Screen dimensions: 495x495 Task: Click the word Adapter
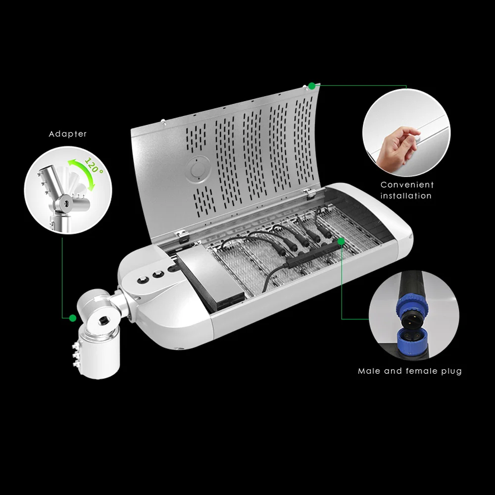point(68,134)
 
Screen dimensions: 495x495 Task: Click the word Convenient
point(407,185)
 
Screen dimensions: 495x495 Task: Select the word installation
point(406,196)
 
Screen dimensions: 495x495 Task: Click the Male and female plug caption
point(410,371)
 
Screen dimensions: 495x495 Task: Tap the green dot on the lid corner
point(312,86)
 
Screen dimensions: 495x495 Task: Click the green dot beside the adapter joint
point(73,318)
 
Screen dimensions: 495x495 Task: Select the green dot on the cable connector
point(341,241)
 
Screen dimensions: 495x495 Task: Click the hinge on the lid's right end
point(310,190)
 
